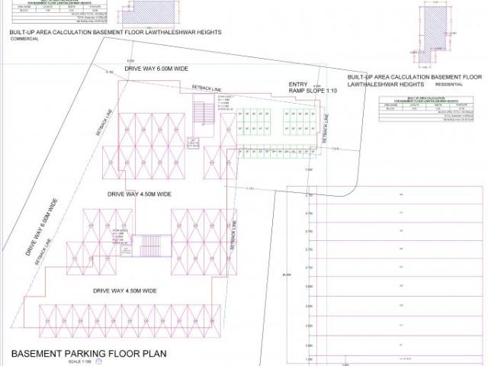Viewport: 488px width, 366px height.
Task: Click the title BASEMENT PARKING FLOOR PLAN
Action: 88,354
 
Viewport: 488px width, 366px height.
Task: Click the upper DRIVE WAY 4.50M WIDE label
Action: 140,194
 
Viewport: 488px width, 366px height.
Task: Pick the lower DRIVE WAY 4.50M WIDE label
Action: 125,291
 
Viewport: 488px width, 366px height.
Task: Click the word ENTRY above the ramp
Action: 297,84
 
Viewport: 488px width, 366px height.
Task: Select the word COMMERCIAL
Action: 24,40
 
